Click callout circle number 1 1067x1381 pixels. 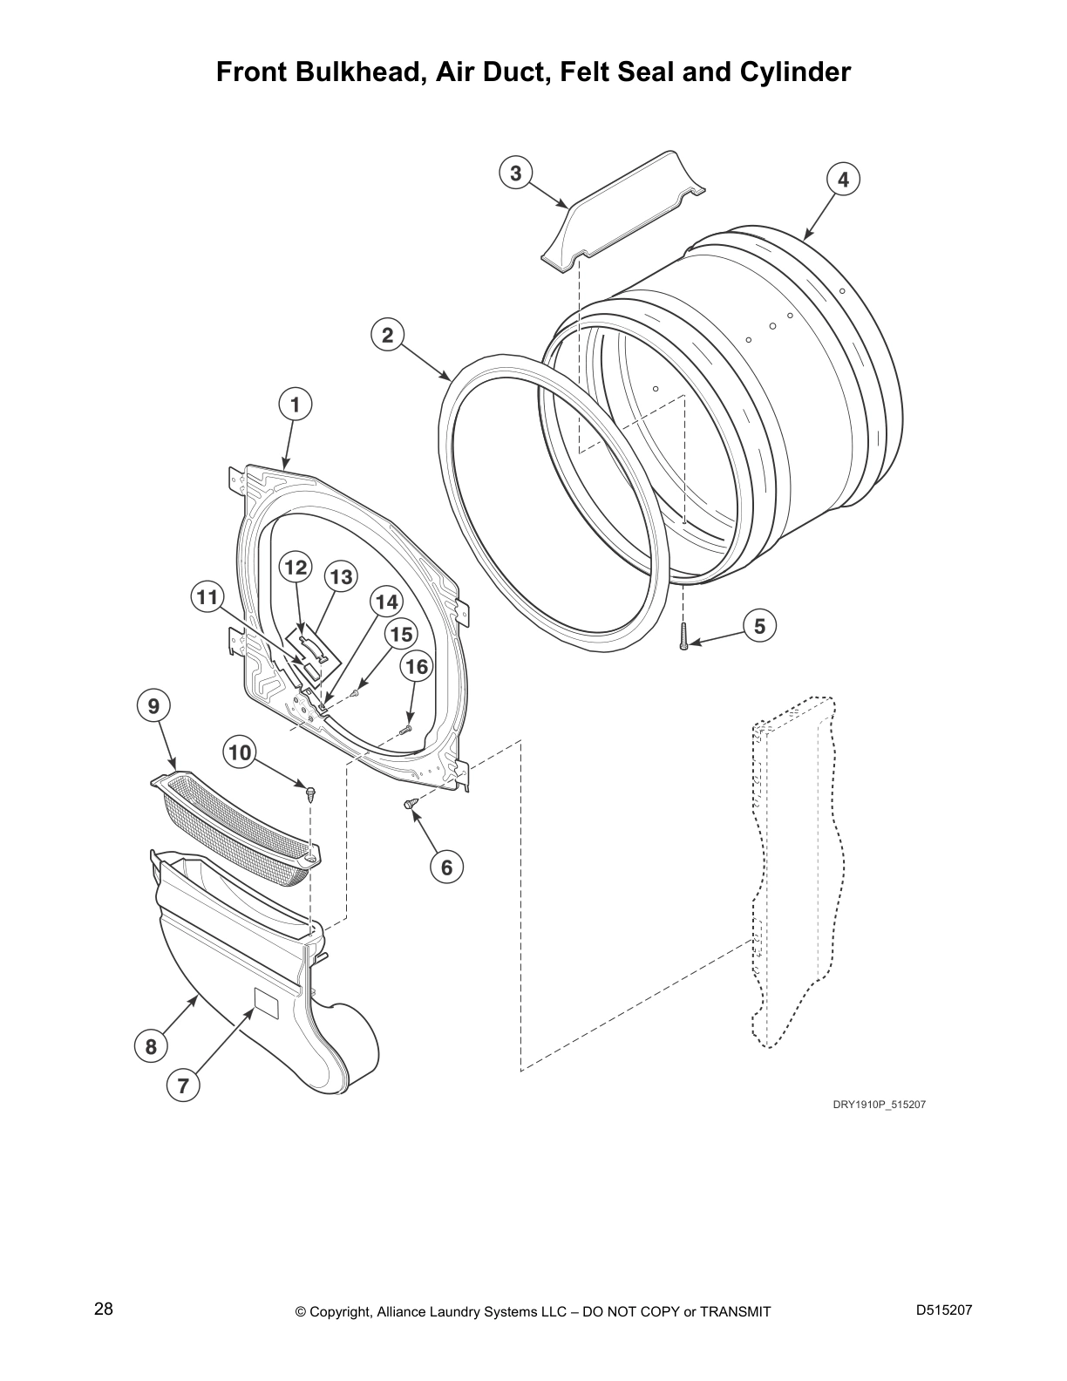pos(296,405)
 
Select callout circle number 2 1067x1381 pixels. pos(388,334)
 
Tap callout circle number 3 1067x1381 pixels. pos(516,173)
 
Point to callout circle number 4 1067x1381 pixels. pos(843,179)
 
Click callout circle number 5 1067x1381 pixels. pos(760,626)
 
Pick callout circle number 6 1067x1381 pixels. pos(446,867)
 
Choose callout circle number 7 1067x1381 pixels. pos(183,1085)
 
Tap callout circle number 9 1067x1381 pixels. pos(153,706)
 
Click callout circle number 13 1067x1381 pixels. pos(341,576)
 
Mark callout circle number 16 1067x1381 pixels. pos(418,667)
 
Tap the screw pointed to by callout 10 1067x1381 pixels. pos(309,792)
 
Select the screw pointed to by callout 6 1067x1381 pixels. pos(409,803)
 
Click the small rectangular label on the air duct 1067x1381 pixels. pos(265,1002)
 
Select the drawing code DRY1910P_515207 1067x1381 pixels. pos(879,1105)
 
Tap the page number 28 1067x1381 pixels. pos(103,1309)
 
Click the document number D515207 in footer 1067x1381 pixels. pos(943,1310)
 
